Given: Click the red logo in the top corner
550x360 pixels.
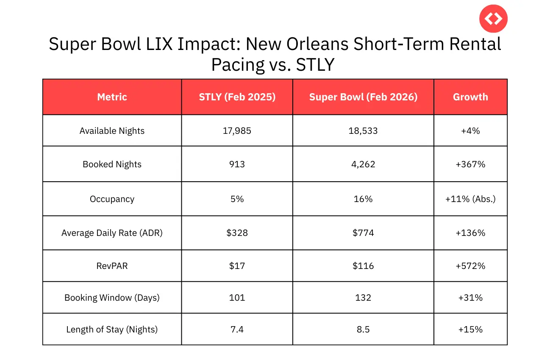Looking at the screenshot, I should pos(493,19).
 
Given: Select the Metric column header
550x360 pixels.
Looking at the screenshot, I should pos(112,97).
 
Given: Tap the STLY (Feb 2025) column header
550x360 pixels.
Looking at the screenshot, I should pos(237,97).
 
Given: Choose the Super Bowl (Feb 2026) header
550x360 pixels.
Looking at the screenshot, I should pos(363,97).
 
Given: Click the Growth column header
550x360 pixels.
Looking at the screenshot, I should pos(470,97).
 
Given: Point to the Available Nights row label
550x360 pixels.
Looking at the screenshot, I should pos(112,131).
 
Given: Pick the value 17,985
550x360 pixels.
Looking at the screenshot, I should pos(237,131).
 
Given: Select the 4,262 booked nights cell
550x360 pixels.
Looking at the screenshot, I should pos(363,164).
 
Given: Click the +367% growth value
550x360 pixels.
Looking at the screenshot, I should pos(470,164).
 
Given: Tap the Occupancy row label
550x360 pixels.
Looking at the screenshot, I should pos(112,199).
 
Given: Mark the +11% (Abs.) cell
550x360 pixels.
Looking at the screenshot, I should pos(470,199).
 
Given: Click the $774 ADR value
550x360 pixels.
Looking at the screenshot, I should pos(363,233).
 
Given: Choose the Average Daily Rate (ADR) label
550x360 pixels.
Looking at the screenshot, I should pos(112,233).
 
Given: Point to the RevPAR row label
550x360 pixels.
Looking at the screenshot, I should pos(112,266).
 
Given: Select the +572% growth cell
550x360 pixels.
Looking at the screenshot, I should pos(470,266).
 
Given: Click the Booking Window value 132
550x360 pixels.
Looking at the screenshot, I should pos(363,298).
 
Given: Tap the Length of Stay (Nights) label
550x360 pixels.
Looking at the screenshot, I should pos(112,330).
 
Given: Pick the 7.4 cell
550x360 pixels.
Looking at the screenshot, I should pos(237,330).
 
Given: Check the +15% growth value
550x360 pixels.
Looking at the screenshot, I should pos(470,330).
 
